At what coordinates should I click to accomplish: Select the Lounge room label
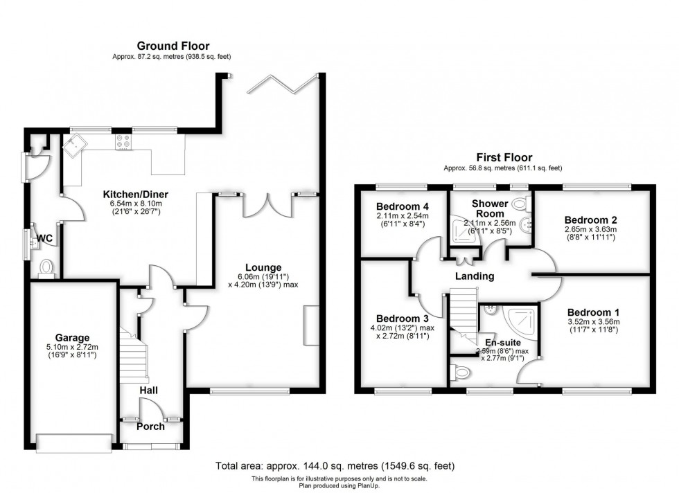(x=263, y=267)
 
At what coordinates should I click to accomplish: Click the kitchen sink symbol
(x=74, y=145)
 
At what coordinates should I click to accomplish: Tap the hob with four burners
(x=123, y=142)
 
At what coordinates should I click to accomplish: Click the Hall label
(x=148, y=391)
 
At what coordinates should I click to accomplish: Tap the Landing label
(x=475, y=276)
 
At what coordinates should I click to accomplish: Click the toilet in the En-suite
(x=459, y=373)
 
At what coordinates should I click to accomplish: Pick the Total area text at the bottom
(x=335, y=466)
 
